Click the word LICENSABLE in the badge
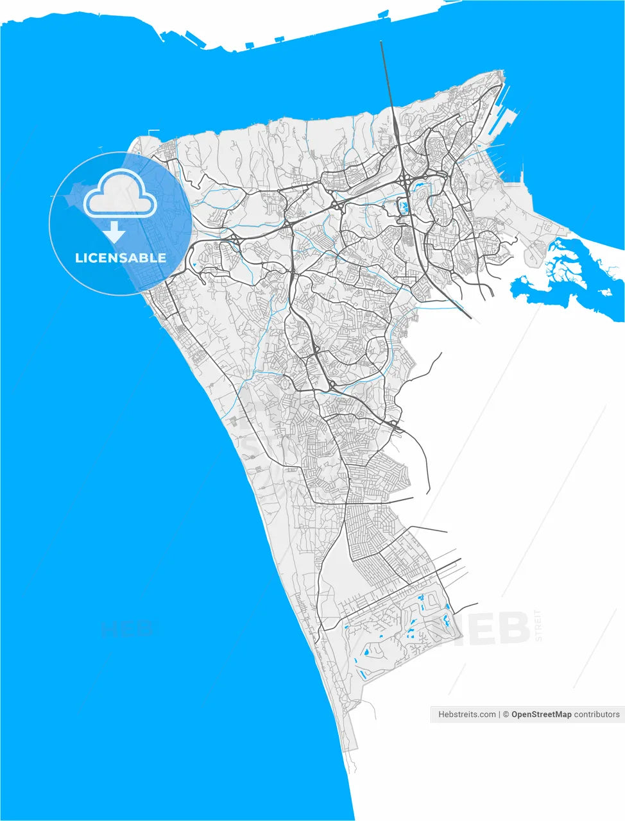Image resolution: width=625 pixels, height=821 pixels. click(x=121, y=258)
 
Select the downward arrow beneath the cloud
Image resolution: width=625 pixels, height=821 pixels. click(x=116, y=232)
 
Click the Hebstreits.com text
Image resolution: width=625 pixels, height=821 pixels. click(x=467, y=715)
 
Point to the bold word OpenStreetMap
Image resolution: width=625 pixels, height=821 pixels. click(x=541, y=715)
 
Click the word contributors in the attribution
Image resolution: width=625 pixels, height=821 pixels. click(x=597, y=715)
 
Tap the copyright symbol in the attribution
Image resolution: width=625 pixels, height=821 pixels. click(x=506, y=715)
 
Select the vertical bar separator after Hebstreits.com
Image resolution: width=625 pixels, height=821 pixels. click(x=499, y=715)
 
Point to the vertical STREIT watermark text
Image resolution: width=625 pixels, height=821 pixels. click(x=539, y=626)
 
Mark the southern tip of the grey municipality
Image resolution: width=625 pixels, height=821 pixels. click(x=352, y=750)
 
